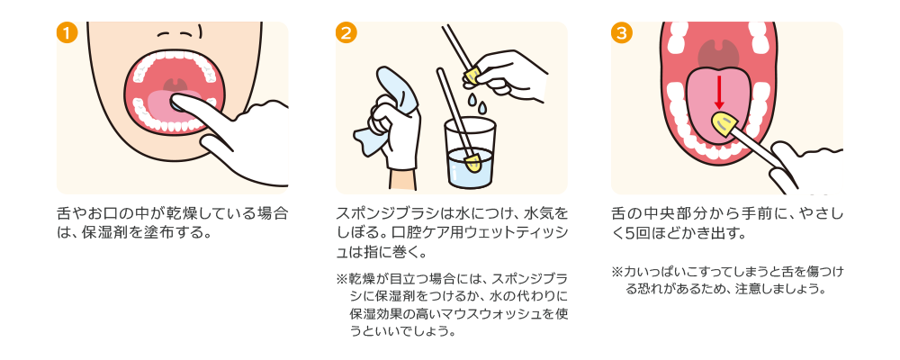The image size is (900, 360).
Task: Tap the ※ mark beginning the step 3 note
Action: click(617, 271)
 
